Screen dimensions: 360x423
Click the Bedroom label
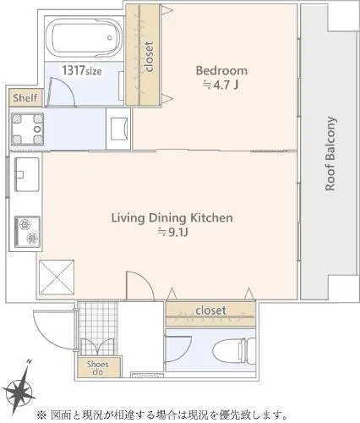point(221,70)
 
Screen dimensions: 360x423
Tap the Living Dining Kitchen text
point(172,218)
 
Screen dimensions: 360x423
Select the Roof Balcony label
point(330,154)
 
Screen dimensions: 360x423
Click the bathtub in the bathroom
point(84,38)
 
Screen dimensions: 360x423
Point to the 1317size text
point(82,70)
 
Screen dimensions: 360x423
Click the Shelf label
point(25,98)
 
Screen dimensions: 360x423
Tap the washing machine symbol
point(27,129)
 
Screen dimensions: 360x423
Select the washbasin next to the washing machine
point(119,129)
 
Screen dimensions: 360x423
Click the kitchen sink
point(27,174)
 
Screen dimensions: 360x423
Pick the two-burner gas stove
point(27,232)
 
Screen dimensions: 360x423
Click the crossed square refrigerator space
point(57,277)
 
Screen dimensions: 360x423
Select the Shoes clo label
point(97,368)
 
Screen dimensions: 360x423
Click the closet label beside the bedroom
point(149,57)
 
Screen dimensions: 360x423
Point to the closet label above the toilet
point(210,310)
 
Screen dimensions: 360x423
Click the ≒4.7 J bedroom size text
point(221,85)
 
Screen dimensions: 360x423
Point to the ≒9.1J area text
point(172,233)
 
